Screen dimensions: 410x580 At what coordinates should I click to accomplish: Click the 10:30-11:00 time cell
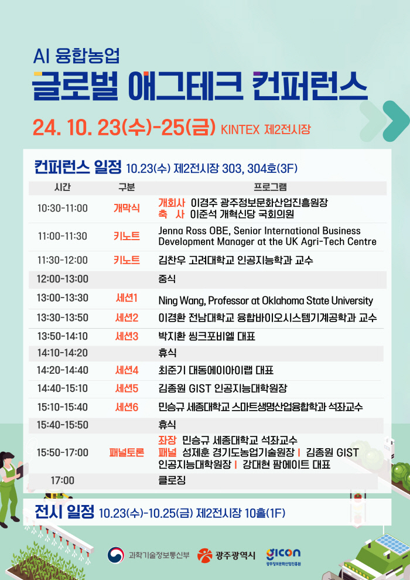click(63, 208)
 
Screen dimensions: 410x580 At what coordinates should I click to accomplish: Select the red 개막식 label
click(127, 208)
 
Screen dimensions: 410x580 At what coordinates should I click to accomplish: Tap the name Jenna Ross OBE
click(194, 231)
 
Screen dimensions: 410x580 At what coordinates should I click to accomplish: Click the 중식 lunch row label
click(167, 279)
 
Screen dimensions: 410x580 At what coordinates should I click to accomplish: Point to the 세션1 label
click(127, 298)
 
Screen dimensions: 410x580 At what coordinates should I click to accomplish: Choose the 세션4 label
click(127, 370)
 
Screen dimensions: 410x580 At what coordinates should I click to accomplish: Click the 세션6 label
click(127, 407)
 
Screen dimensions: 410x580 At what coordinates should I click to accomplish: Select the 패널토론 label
click(127, 452)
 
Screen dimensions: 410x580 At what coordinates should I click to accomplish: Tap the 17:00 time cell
click(63, 480)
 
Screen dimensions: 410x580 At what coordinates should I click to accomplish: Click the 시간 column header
click(63, 187)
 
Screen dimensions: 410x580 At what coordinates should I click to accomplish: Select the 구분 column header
click(127, 187)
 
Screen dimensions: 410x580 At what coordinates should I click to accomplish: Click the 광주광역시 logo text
click(235, 555)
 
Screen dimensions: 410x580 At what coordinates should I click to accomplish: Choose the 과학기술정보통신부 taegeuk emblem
click(116, 555)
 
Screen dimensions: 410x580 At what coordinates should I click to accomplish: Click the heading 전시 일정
click(64, 512)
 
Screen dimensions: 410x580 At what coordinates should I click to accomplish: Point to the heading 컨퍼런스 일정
click(78, 167)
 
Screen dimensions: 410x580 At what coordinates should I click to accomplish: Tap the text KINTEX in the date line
click(240, 130)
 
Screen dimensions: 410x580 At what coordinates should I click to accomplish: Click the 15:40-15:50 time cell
click(63, 425)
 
